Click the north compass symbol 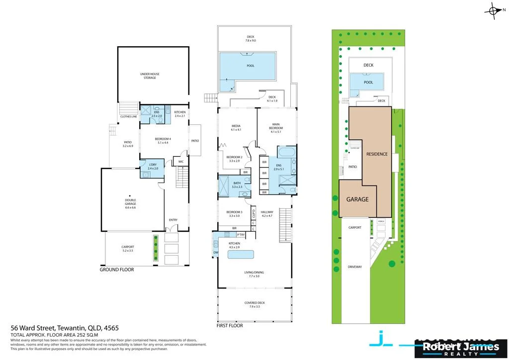[x=494, y=10]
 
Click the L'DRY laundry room [x=153, y=167]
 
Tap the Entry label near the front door [x=173, y=220]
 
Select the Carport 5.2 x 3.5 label [x=128, y=249]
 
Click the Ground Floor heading [x=116, y=270]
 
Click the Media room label [x=236, y=127]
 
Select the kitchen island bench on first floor [x=241, y=255]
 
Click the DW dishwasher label [x=215, y=253]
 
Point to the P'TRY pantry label [x=241, y=235]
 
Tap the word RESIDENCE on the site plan [x=377, y=154]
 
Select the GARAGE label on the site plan [x=357, y=199]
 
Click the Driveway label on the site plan [x=355, y=267]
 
